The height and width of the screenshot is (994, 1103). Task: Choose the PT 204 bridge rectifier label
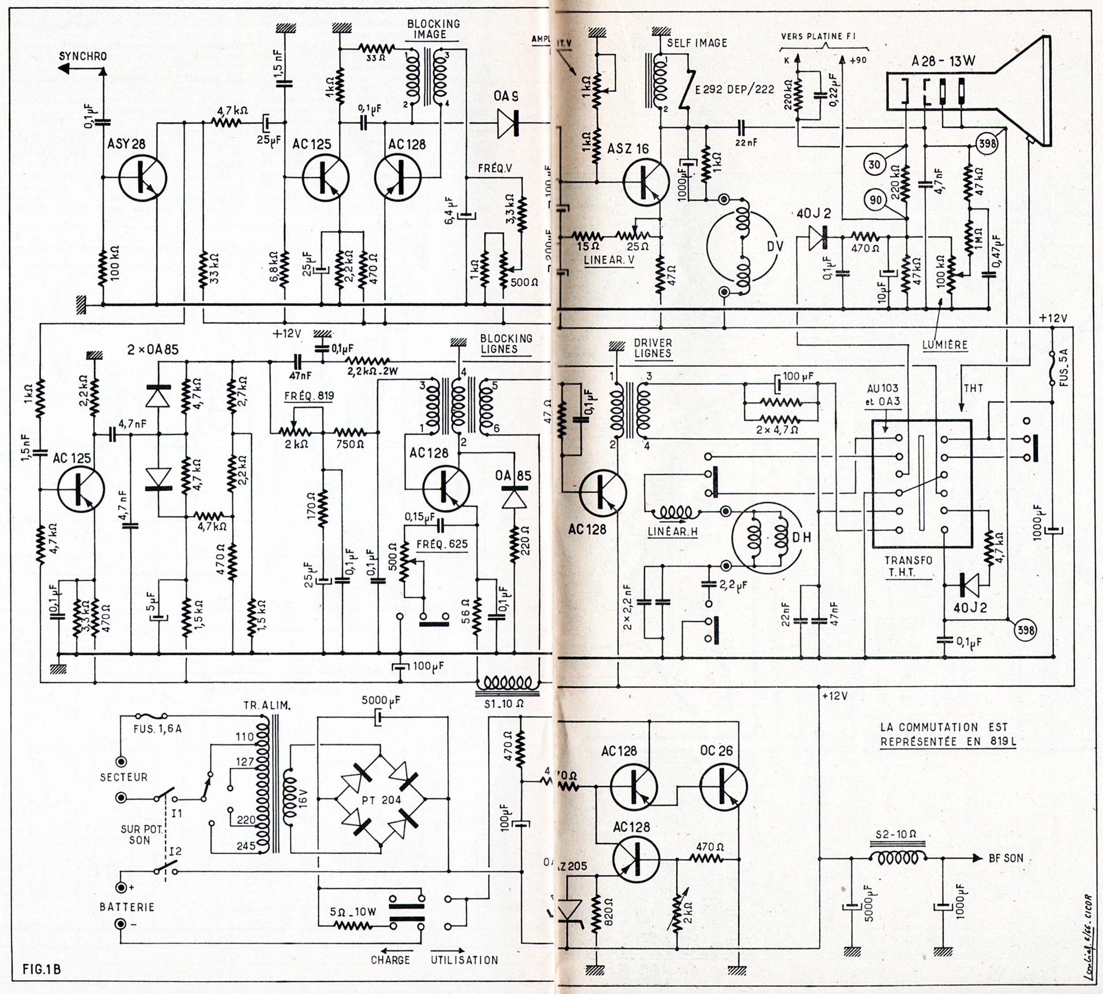pyautogui.click(x=381, y=800)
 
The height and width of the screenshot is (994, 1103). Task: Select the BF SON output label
pyautogui.click(x=1006, y=858)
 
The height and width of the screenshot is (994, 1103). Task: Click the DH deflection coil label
pyautogui.click(x=801, y=538)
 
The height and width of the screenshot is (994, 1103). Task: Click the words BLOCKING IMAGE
pyautogui.click(x=433, y=29)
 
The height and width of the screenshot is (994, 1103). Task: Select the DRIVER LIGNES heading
pyautogui.click(x=653, y=348)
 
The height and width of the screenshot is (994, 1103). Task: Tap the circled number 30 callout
pyautogui.click(x=874, y=164)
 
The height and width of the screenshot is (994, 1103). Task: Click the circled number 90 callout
pyautogui.click(x=876, y=200)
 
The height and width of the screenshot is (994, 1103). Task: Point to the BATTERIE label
pyautogui.click(x=128, y=907)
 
